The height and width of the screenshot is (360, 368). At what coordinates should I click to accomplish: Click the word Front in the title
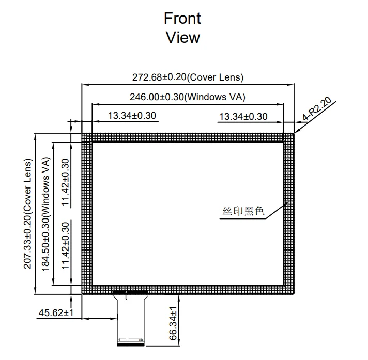coord(182,18)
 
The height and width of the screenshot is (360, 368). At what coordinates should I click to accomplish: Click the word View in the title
coord(183,37)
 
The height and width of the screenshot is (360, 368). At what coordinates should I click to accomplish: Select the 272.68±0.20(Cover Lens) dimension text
coord(188,77)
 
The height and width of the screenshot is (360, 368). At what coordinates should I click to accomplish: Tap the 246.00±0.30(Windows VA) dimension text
coord(188,97)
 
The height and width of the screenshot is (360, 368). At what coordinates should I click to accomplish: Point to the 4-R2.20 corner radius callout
coord(317,108)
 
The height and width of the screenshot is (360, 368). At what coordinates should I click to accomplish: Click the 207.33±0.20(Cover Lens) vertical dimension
coord(28,214)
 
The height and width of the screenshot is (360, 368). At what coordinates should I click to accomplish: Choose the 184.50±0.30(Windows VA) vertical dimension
coord(45,214)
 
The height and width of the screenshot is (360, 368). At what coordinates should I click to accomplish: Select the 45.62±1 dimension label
coord(56,312)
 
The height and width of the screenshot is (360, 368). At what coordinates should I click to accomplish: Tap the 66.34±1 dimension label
coord(173,323)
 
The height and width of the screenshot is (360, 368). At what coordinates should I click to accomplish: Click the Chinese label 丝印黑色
coord(243,211)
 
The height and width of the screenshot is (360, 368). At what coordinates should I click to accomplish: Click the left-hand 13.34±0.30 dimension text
coord(132,116)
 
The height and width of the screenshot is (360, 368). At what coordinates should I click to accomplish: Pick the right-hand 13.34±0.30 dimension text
coord(243,117)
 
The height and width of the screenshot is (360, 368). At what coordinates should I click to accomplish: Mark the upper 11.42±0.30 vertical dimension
coord(66,182)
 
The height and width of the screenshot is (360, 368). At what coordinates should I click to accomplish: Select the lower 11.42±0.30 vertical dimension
coord(66,245)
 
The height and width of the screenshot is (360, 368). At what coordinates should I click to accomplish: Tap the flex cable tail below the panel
coord(130,319)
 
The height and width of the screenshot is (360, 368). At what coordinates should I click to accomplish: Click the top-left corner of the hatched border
coord(82,133)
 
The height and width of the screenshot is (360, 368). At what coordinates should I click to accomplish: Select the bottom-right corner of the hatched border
coord(294,294)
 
